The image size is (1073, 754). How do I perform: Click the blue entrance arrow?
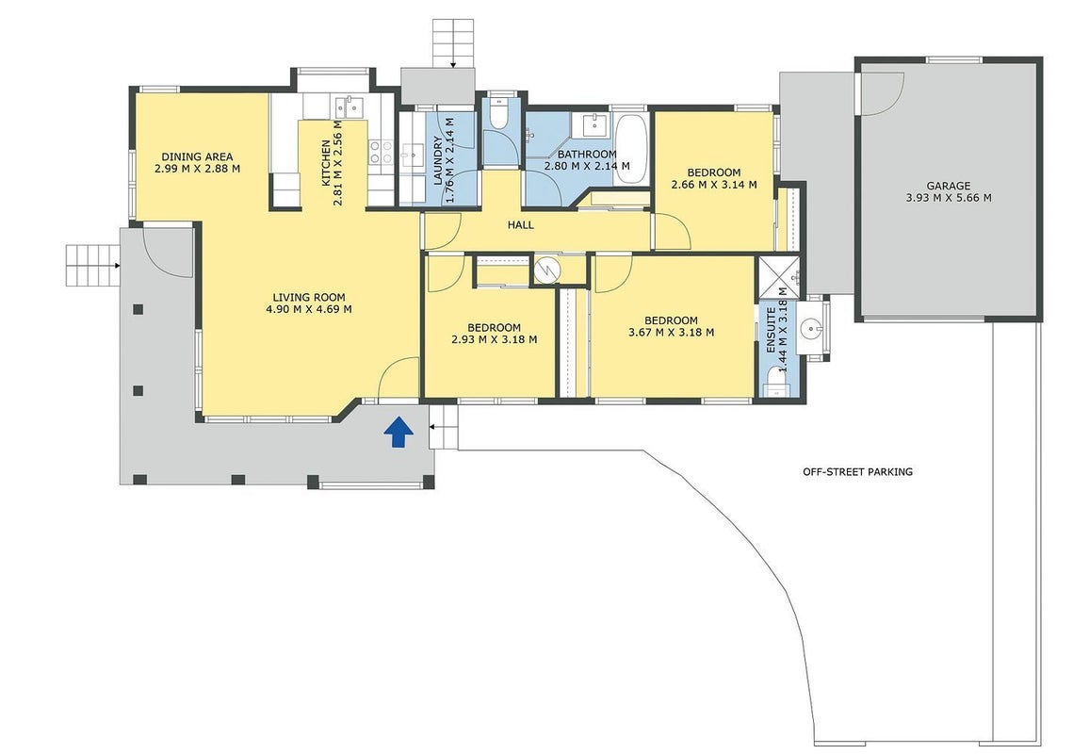(x=398, y=433)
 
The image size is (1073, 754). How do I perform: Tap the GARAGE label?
(x=949, y=186)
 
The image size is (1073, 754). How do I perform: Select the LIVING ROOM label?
(x=309, y=297)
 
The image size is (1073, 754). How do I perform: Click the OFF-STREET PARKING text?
(x=857, y=472)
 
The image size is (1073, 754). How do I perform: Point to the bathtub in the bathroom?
(x=629, y=149)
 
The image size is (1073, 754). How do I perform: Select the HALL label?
(x=521, y=224)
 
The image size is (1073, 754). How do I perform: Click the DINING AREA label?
(x=197, y=156)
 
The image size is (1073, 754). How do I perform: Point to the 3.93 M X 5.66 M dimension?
(x=949, y=198)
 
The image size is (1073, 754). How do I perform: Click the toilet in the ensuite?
(x=776, y=383)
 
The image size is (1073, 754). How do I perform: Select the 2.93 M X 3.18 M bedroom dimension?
(x=494, y=339)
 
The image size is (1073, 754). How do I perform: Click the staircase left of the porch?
(x=91, y=265)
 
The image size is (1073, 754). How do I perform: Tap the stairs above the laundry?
(x=453, y=42)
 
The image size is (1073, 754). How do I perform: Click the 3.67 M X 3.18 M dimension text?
(x=672, y=333)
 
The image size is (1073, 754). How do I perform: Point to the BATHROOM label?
(x=587, y=154)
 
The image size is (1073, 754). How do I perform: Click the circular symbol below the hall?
(x=547, y=270)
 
